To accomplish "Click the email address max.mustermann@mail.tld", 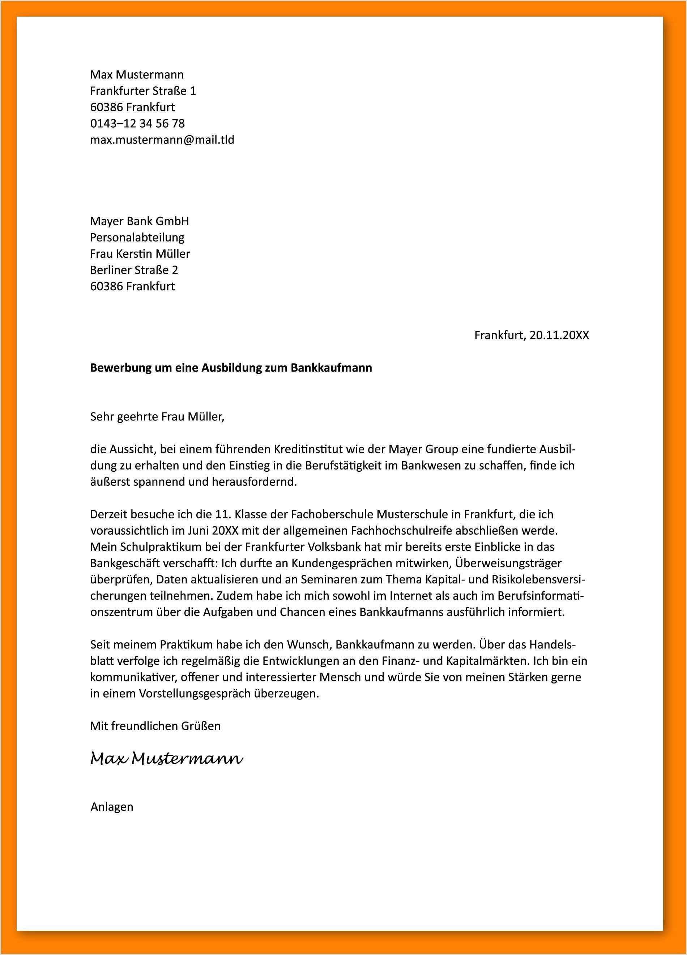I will click(x=162, y=140).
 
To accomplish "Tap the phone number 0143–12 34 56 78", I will click(x=137, y=123).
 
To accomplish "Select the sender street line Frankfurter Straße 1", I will click(x=143, y=91).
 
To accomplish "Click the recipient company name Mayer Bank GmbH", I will click(x=140, y=221).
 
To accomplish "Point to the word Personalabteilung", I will click(x=137, y=237).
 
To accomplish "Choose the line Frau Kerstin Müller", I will click(x=140, y=253).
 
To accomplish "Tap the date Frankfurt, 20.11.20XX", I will click(x=532, y=335).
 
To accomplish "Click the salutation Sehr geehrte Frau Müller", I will click(x=157, y=417).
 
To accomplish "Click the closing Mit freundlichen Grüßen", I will click(x=155, y=726).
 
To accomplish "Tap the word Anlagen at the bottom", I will click(x=112, y=807).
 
